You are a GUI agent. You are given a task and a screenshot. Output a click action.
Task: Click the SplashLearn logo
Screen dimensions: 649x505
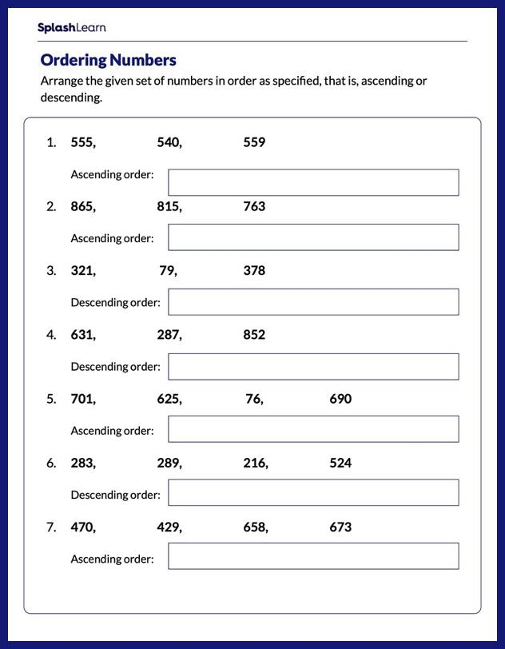coord(71,28)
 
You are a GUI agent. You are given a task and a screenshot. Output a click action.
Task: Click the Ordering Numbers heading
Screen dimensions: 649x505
coord(108,60)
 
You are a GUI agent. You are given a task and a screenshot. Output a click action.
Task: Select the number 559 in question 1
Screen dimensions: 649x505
coord(254,142)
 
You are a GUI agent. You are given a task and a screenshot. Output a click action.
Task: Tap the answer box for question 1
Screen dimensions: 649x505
coord(313,182)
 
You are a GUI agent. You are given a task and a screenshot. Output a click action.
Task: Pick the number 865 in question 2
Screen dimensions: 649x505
coord(82,206)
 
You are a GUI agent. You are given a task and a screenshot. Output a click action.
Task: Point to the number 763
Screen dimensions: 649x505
coord(254,206)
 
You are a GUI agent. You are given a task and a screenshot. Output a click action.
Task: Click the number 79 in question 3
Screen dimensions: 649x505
coord(166,270)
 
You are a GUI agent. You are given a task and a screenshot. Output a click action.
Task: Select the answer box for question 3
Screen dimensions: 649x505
coord(313,302)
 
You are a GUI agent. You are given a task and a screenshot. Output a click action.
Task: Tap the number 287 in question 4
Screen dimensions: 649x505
coord(168,335)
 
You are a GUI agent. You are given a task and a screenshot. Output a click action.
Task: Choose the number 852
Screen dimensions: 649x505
coord(254,335)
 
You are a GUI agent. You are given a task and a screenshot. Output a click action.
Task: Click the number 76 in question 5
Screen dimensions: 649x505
coord(253,399)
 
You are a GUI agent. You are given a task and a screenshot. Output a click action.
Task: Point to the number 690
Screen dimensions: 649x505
coord(340,399)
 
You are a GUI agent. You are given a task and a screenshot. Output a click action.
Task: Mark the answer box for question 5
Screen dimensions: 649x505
coord(313,429)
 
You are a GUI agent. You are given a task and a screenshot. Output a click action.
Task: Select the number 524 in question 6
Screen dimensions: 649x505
coord(340,463)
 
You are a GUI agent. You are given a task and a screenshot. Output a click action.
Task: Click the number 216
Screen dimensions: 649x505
coord(254,463)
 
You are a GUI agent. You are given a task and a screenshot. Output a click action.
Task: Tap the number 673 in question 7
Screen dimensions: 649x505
coord(340,527)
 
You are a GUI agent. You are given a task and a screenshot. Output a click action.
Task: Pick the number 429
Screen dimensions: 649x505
coord(168,527)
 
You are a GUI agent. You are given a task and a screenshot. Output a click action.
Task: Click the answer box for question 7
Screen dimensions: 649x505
coord(313,556)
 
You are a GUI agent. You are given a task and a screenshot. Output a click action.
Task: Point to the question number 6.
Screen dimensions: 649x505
coord(51,463)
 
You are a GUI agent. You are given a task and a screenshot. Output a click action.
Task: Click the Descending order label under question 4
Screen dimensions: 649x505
coord(115,367)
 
